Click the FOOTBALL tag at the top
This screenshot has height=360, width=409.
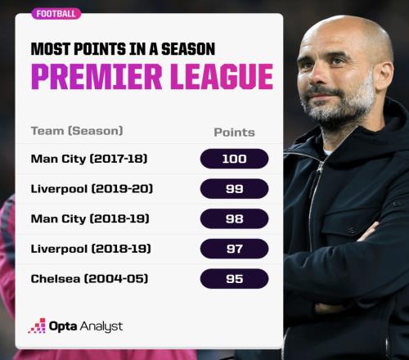click(56, 14)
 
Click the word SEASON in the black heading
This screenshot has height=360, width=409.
click(188, 49)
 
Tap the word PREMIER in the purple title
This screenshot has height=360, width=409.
click(97, 76)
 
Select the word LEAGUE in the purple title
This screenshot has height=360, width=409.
click(222, 76)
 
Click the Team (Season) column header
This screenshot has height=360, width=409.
click(77, 131)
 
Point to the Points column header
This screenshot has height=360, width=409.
click(235, 133)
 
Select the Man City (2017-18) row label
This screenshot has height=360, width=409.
click(89, 159)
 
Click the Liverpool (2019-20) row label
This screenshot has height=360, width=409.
click(92, 189)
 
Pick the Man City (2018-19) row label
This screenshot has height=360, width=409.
click(90, 218)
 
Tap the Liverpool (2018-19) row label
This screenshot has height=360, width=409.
click(91, 249)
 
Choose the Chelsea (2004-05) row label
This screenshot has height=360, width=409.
click(89, 279)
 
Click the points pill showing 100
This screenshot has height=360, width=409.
click(235, 159)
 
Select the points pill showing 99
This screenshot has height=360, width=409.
click(235, 189)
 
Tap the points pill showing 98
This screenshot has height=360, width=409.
click(235, 218)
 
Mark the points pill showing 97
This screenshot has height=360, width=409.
click(235, 249)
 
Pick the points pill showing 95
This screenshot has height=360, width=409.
click(235, 279)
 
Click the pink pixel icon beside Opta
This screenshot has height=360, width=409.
click(37, 326)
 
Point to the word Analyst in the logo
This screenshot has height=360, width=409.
click(101, 326)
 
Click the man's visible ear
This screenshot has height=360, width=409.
click(384, 77)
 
